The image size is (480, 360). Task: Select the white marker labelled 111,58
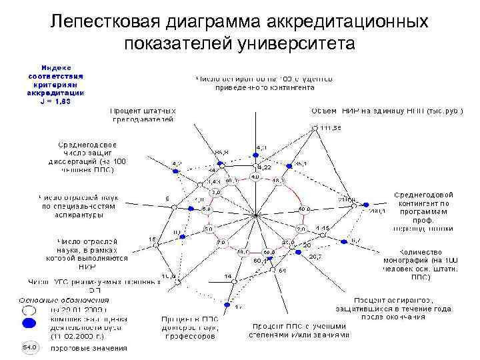(315, 127)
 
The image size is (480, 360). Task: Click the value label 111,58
(331, 127)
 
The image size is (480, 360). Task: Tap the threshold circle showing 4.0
(255, 177)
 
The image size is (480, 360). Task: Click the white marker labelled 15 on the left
(157, 245)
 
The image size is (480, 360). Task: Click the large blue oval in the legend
(30, 324)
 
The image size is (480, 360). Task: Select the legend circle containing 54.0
(30, 347)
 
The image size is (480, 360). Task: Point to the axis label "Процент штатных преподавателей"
(143, 115)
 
